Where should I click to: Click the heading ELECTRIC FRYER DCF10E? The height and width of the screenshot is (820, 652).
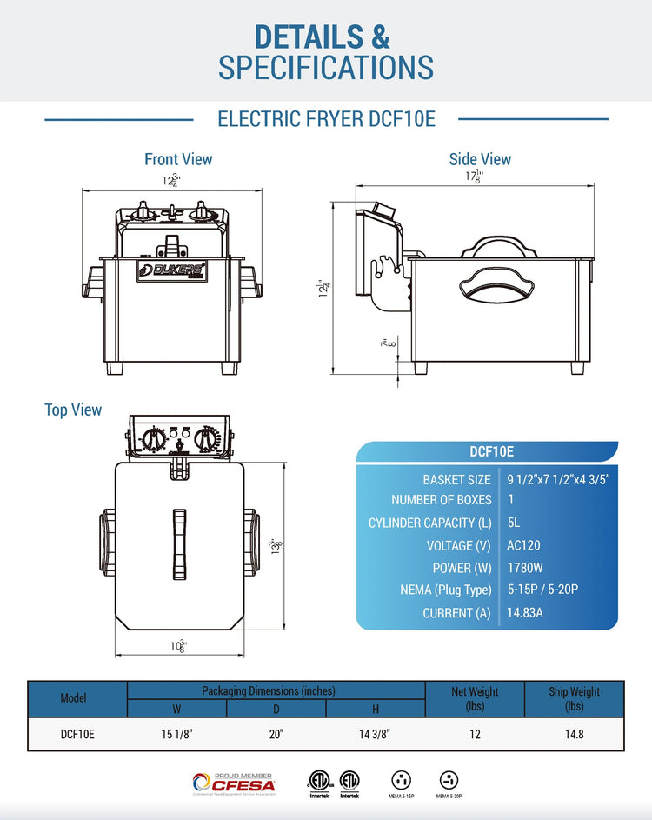(x=326, y=119)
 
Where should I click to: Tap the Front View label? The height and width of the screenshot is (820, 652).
(x=178, y=159)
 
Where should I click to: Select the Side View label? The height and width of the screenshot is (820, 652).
(x=480, y=159)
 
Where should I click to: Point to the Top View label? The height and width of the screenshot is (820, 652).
(x=73, y=410)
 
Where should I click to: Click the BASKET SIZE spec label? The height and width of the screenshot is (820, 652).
(x=456, y=480)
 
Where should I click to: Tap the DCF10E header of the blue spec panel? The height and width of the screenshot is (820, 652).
(x=491, y=451)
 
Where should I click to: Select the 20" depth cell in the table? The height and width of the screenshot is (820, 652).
(x=276, y=734)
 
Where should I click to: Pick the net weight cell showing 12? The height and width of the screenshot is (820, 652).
(x=475, y=734)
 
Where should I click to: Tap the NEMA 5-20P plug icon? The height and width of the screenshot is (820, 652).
(x=449, y=782)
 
